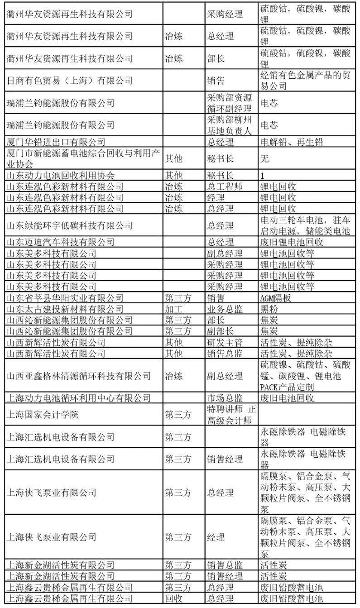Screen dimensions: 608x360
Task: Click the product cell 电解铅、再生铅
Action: click(x=292, y=142)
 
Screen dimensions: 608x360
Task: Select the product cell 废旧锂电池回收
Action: click(x=292, y=242)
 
